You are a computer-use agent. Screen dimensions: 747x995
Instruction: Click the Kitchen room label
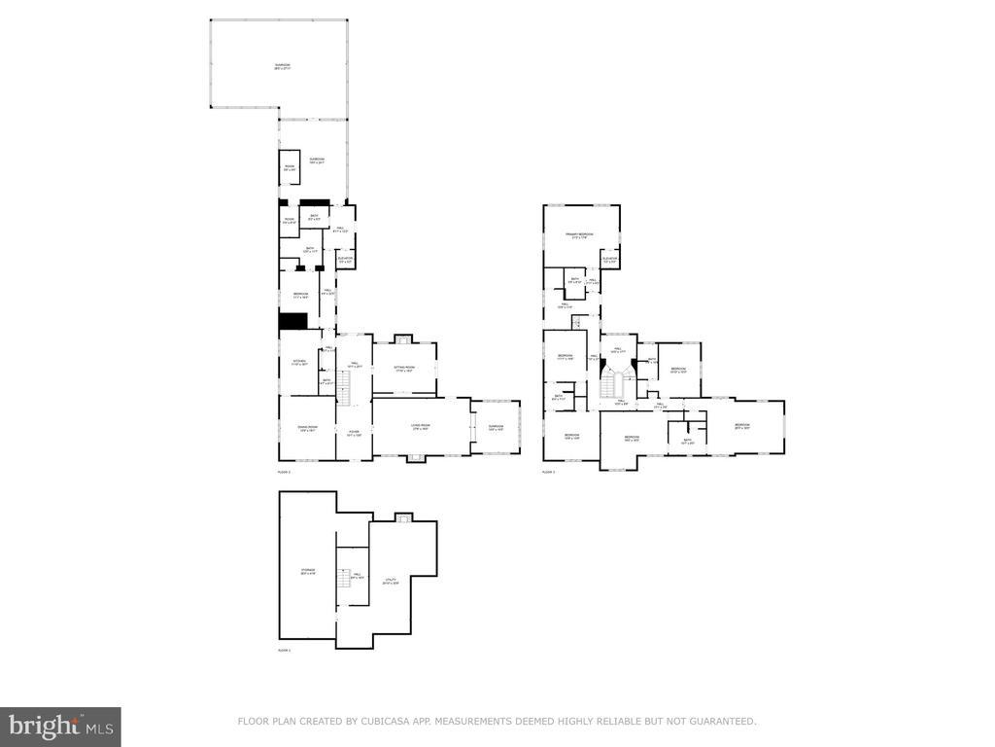[x=299, y=363]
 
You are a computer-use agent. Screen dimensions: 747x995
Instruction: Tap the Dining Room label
[x=307, y=427]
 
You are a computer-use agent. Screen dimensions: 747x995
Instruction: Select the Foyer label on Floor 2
[x=354, y=433]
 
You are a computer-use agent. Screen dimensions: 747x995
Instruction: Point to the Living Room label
[x=421, y=427]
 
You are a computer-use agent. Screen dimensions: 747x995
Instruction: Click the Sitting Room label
[x=405, y=369]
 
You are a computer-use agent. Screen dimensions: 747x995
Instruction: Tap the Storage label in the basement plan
[x=307, y=571]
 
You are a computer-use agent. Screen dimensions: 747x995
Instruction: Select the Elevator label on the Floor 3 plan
[x=609, y=260]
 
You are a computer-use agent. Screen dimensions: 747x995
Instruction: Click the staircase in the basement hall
[x=342, y=581]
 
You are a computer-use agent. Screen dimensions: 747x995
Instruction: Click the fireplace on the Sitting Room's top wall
[x=403, y=338]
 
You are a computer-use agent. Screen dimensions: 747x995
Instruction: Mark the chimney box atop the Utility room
[x=403, y=516]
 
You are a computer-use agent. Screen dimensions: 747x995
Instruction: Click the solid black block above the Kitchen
[x=292, y=322]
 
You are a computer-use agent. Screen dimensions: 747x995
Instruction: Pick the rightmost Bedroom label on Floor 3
[x=742, y=426]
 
